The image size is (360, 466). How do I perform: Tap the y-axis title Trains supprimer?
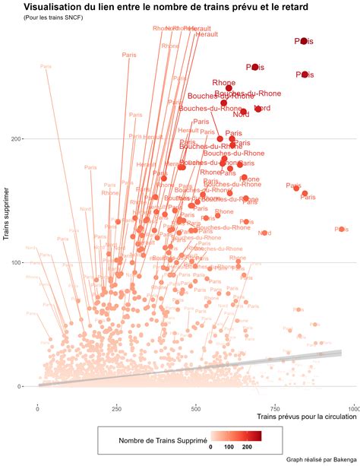point(7,208)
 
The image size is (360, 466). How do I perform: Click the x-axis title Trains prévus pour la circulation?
point(307,417)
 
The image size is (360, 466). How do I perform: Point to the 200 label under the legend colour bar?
point(247,447)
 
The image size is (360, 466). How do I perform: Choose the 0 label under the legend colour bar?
point(211,447)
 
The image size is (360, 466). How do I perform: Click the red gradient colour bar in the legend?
point(236,436)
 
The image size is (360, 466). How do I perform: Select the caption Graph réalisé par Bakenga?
point(320,459)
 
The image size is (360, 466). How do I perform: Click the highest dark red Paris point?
point(304,41)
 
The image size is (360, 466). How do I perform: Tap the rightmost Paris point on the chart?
point(342,229)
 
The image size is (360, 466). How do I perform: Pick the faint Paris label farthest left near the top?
point(46,66)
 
